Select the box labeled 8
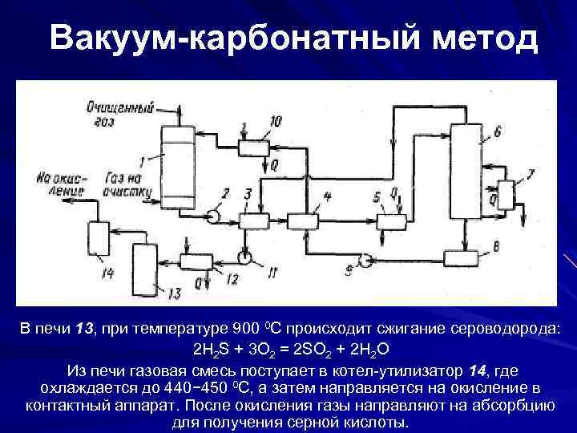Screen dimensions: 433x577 pyautogui.click(x=461, y=257)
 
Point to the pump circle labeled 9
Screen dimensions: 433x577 pyautogui.click(x=362, y=258)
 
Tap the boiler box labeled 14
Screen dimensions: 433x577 pyautogui.click(x=99, y=238)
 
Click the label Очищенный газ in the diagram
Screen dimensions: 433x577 pyautogui.click(x=119, y=113)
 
